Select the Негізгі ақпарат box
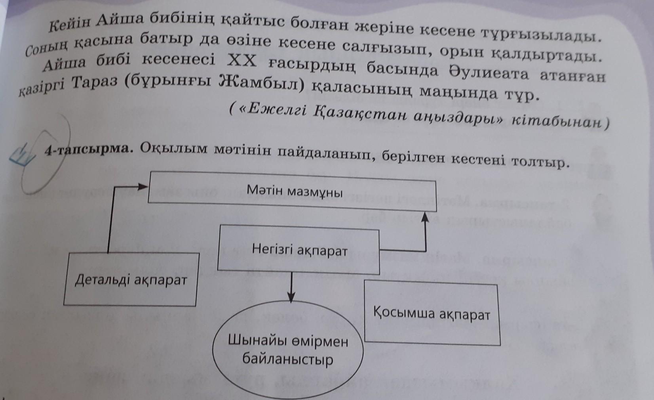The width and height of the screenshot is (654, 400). (299, 250)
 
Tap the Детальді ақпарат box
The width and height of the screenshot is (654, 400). (131, 280)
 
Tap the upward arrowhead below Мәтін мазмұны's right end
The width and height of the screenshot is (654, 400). (426, 216)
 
